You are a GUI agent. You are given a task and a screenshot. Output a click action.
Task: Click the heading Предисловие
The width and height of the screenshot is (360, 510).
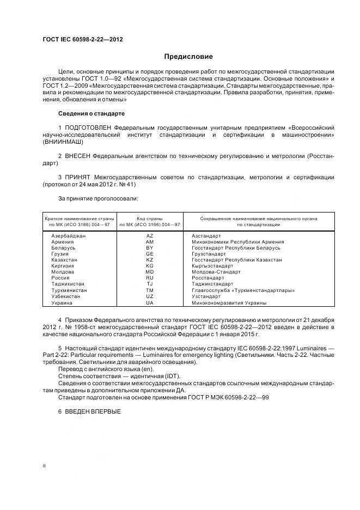189,56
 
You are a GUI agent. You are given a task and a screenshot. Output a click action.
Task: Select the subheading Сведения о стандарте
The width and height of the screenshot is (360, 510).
91,113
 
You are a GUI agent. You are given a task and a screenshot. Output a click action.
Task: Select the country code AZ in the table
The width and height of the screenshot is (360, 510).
150,235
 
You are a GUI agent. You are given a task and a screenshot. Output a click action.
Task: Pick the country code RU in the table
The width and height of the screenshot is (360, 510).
150,277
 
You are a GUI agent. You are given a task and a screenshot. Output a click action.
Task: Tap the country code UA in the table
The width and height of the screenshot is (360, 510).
150,302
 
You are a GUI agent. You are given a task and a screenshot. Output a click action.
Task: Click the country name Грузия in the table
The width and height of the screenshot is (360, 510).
60,254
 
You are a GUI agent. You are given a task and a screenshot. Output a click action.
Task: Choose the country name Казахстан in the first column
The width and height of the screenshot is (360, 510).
64,260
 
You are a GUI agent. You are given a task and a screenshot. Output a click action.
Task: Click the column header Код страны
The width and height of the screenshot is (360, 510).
150,218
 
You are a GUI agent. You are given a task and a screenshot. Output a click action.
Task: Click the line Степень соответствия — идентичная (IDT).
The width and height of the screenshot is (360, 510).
119,376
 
